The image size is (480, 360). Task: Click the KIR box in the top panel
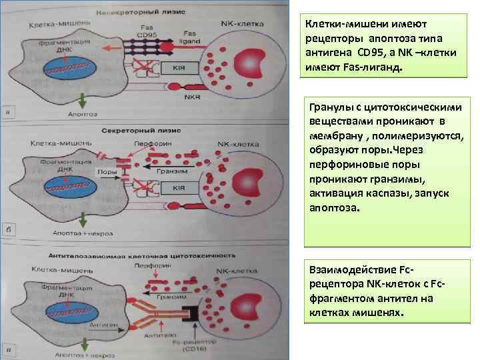click(x=178, y=68)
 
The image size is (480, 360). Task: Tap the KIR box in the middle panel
click(x=178, y=189)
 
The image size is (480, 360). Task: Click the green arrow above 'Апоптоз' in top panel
click(x=81, y=100)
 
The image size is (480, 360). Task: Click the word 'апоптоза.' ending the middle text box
click(x=334, y=207)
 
